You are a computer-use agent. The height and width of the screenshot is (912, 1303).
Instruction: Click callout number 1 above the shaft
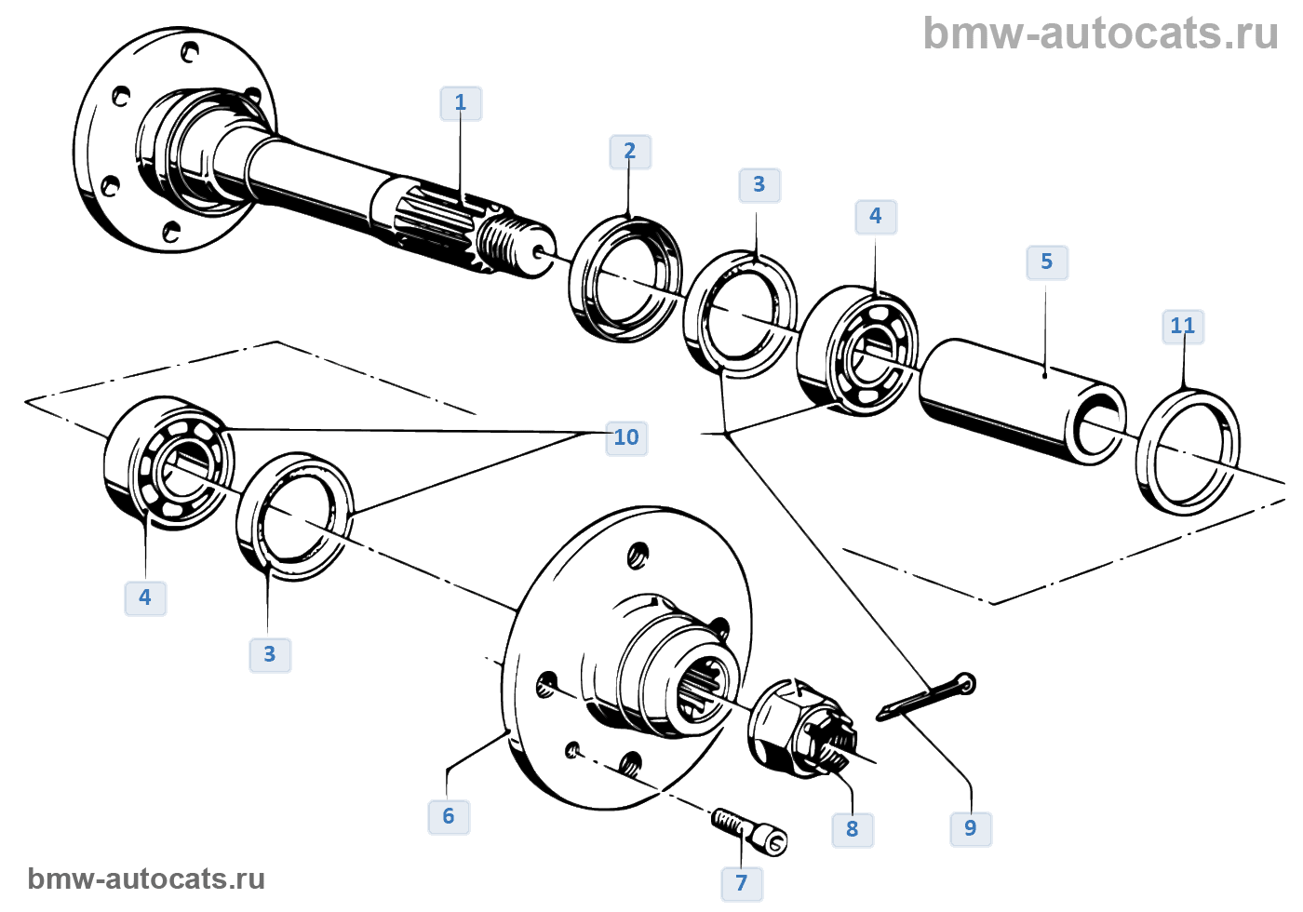[461, 103]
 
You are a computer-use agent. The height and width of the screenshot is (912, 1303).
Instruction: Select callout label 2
[630, 152]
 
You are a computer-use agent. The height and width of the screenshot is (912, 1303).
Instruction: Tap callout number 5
[1047, 262]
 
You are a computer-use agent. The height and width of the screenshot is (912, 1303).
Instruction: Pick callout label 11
[1183, 327]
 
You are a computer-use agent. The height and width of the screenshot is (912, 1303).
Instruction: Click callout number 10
[626, 437]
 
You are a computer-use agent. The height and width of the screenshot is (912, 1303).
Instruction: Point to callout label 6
[449, 817]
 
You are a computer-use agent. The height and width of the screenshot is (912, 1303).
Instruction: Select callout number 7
[742, 883]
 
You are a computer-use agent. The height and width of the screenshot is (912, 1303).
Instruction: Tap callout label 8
[853, 829]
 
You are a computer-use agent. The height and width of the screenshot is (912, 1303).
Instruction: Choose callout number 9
[971, 829]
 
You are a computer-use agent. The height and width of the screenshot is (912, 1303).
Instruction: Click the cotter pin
[927, 698]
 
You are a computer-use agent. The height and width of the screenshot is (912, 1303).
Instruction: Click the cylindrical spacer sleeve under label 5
[1019, 400]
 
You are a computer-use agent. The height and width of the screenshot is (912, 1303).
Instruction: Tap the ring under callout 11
[1189, 451]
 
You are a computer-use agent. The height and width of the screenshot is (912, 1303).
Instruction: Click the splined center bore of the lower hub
[700, 690]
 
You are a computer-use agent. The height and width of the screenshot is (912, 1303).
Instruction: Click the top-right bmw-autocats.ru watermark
[1100, 34]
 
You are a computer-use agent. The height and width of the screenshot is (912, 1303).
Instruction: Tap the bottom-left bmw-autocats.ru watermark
[146, 879]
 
